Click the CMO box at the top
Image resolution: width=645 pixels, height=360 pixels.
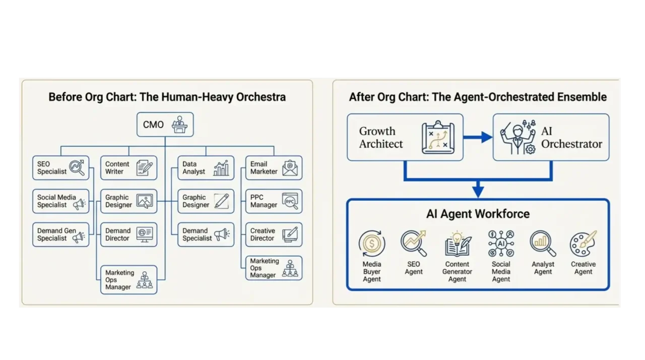pos(165,125)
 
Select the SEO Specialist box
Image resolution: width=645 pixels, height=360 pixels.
pos(60,168)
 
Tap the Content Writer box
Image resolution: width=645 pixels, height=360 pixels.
pos(128,168)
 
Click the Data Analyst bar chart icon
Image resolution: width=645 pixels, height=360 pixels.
pos(221,168)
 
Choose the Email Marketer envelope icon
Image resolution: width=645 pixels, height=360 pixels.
pos(290,168)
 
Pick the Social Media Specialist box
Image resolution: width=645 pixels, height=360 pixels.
pos(60,201)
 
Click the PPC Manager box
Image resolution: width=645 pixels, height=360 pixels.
pos(274,201)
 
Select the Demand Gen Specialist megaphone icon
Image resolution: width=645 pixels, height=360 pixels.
pos(79,237)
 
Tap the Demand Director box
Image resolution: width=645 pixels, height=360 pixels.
pos(128,234)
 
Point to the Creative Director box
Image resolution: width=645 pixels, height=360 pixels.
pos(274,234)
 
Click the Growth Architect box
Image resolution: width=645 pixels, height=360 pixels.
pos(405,137)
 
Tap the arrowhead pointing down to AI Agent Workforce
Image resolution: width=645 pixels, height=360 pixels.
pos(478,191)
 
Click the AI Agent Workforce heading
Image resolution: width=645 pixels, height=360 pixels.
pos(478,214)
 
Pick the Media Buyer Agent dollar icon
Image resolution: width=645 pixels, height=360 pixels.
pos(372,244)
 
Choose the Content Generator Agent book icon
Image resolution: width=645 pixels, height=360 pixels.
pos(458,244)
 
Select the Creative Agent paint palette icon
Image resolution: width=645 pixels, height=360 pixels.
pos(583,244)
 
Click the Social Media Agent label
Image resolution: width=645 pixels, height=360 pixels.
pos(501,271)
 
